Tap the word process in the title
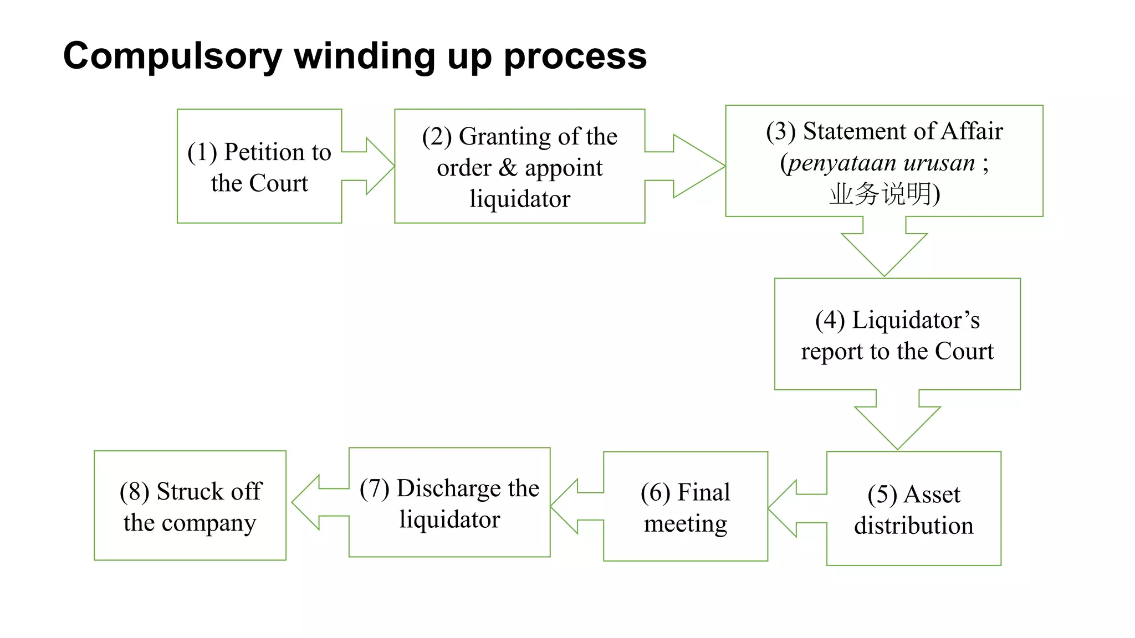click(x=575, y=56)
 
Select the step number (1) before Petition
click(x=202, y=152)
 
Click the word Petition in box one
click(x=262, y=152)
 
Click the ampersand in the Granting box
click(x=508, y=167)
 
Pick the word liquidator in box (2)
click(x=519, y=198)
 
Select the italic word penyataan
click(x=842, y=163)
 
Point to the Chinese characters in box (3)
click(x=880, y=194)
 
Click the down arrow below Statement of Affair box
click(x=884, y=253)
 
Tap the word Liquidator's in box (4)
click(x=916, y=320)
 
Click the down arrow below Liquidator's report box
click(x=897, y=425)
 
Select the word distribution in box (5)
click(x=913, y=525)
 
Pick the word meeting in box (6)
click(x=685, y=523)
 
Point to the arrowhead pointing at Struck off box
click(x=306, y=502)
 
